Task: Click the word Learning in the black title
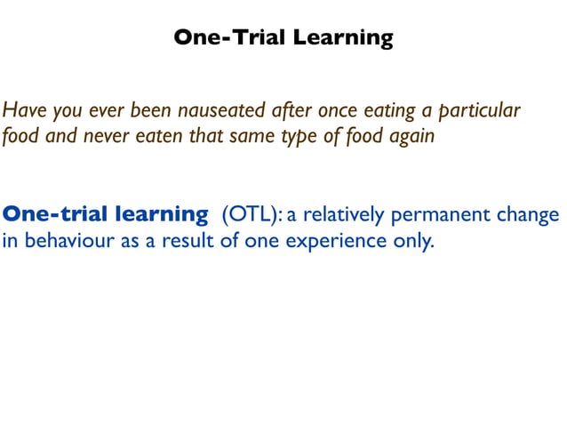click(343, 37)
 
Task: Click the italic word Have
click(22, 112)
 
